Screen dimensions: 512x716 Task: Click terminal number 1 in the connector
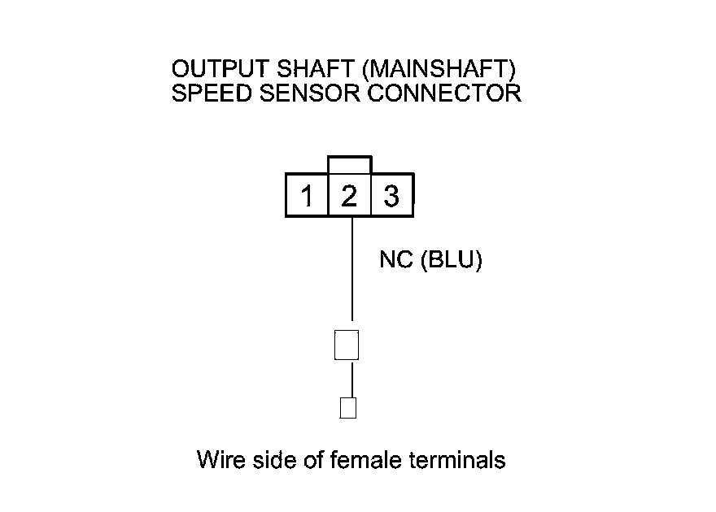coord(307,197)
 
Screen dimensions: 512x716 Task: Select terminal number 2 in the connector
coord(349,197)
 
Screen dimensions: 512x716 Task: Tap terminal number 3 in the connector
coord(391,197)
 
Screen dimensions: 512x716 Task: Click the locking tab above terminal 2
coord(349,165)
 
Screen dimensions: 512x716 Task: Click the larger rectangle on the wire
coord(347,345)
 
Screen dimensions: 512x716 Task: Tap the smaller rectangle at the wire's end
coord(347,406)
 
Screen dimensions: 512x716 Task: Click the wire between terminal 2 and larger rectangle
coord(351,268)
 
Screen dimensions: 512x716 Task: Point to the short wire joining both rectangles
coord(351,379)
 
